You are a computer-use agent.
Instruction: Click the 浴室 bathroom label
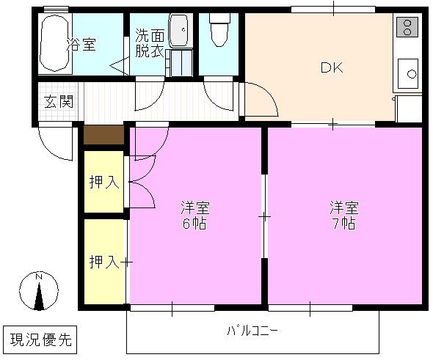click(82, 44)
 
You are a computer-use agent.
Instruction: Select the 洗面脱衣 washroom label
click(150, 43)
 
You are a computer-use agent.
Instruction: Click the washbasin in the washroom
click(178, 31)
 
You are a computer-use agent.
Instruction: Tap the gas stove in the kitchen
click(406, 28)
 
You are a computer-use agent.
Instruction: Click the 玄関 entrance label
click(58, 102)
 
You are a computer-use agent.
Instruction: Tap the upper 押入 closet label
click(104, 182)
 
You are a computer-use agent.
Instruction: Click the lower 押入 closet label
click(104, 261)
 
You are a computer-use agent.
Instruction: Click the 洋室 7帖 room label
click(343, 216)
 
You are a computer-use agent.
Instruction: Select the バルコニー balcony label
click(252, 331)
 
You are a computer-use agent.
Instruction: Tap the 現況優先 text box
click(40, 339)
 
